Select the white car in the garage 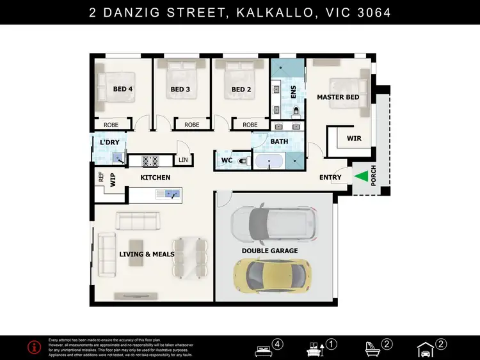274,223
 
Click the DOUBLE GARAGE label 269,251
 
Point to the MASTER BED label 338,97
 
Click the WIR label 354,138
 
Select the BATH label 280,141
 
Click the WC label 227,160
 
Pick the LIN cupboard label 183,160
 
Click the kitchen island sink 170,193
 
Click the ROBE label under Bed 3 191,125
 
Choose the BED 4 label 123,90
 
